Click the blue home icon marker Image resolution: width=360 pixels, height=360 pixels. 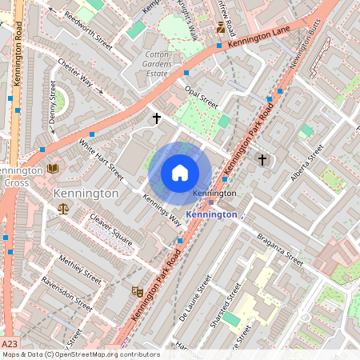tap(180, 173)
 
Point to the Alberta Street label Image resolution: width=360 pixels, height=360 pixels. tap(306, 162)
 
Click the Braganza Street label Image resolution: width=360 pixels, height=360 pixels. tap(280, 250)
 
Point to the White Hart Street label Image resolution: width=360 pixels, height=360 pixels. tap(101, 159)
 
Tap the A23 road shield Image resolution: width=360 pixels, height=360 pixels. tap(8, 342)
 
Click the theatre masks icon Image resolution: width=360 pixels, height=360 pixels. tap(138, 294)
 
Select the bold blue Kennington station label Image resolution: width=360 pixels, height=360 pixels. tap(212, 214)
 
